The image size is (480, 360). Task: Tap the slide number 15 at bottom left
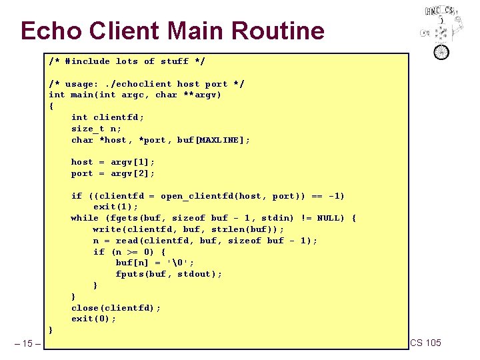[27, 343]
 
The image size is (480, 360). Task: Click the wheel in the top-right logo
[441, 51]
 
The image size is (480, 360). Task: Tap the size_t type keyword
[87, 129]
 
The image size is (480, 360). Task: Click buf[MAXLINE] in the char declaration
[213, 140]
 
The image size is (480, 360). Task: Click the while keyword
[85, 218]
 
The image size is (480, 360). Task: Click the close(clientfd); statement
[115, 307]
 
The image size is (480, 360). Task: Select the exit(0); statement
[93, 319]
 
